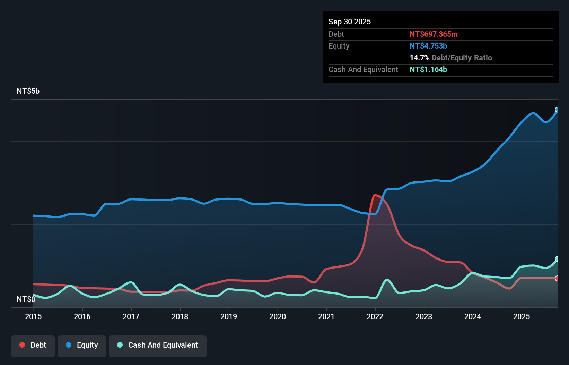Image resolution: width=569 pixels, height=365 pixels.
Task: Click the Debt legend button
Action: (x=33, y=346)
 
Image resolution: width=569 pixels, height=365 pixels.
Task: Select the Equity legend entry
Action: (x=82, y=346)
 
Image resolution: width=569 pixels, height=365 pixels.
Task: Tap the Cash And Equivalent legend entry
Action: (x=158, y=346)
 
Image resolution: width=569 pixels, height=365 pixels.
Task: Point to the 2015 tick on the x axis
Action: (x=33, y=316)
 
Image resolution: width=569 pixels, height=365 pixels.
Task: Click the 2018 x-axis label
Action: (x=180, y=316)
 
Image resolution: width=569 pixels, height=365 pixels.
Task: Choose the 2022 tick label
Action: (x=375, y=316)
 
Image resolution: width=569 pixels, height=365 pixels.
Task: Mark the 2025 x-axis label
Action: (x=522, y=316)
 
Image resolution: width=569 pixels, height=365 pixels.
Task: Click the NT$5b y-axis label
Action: (x=28, y=91)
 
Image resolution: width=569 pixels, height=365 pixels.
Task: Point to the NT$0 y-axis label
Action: (x=26, y=299)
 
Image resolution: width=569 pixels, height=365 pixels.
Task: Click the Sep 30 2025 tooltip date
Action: (x=350, y=22)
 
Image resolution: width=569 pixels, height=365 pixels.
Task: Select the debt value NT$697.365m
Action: (x=434, y=34)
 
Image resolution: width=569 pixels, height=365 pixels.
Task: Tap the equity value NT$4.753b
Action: (x=428, y=46)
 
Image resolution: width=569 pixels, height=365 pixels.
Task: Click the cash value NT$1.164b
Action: (x=428, y=70)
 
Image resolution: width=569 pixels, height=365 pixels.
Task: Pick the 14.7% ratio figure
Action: (x=419, y=58)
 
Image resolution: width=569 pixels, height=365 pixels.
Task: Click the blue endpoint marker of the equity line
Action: (x=557, y=110)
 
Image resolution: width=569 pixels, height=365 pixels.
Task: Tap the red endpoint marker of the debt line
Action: (x=557, y=278)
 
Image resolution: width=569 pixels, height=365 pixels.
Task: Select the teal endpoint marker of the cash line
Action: (x=557, y=259)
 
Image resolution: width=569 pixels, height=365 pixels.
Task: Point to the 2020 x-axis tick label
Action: (x=278, y=316)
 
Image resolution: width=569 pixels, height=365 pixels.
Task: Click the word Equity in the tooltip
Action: (x=339, y=46)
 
